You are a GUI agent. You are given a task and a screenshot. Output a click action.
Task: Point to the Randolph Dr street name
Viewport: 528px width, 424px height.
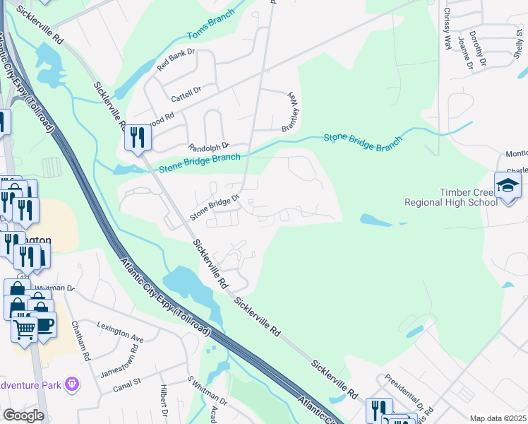pos(208,147)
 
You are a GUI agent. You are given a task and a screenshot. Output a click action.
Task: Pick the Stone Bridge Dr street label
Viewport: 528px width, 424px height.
pos(215,206)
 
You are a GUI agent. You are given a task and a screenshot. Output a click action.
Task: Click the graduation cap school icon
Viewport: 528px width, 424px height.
pos(507,185)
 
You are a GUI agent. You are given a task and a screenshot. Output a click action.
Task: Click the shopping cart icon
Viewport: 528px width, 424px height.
pos(25,329)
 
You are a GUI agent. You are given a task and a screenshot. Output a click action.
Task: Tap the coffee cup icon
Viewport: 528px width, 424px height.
pos(45,324)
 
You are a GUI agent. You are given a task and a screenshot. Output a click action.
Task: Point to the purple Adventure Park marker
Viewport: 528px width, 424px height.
pos(71,384)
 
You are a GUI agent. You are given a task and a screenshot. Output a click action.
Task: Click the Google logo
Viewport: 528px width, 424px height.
pos(23,416)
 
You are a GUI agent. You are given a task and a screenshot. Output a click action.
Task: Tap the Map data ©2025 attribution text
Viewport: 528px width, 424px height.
pos(497,418)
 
